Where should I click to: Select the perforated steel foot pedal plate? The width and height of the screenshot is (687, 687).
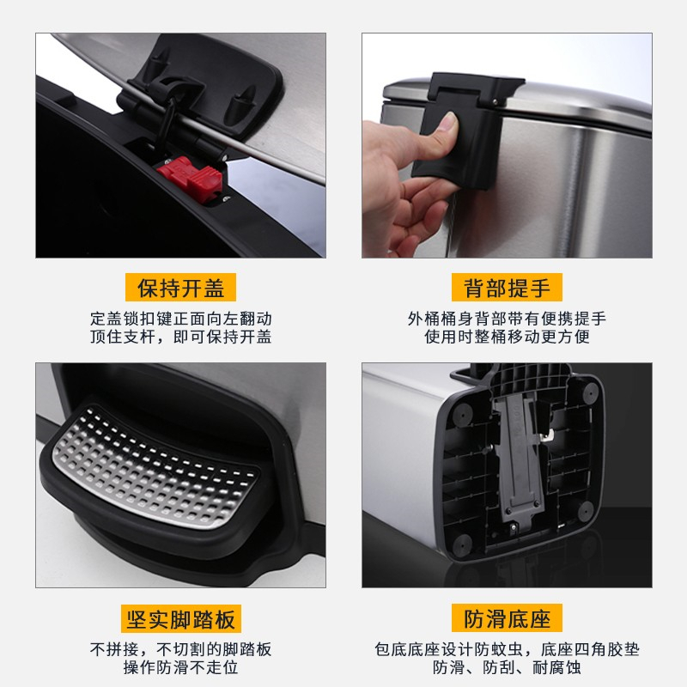point(154,468)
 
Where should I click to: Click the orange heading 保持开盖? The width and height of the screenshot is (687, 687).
point(180,288)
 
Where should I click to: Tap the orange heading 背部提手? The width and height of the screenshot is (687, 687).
point(507,288)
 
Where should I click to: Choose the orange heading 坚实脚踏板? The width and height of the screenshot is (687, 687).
point(181,618)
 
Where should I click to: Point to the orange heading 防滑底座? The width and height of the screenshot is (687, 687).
point(507,618)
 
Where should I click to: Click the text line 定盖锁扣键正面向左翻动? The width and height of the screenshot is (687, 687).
point(181,319)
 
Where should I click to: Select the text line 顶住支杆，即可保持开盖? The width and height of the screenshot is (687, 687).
point(181,337)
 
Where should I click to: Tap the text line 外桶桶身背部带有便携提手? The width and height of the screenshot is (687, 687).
point(507,319)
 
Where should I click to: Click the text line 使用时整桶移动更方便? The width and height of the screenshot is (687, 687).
point(507,337)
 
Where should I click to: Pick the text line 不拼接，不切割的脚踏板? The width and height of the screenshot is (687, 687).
point(181,649)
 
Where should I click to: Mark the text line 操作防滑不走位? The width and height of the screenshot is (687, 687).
point(181,667)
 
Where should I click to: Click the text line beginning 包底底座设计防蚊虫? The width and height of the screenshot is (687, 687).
point(507,649)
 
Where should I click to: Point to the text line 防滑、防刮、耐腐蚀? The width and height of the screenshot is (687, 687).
point(507,667)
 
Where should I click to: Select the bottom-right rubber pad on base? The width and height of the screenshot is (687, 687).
point(586,511)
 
